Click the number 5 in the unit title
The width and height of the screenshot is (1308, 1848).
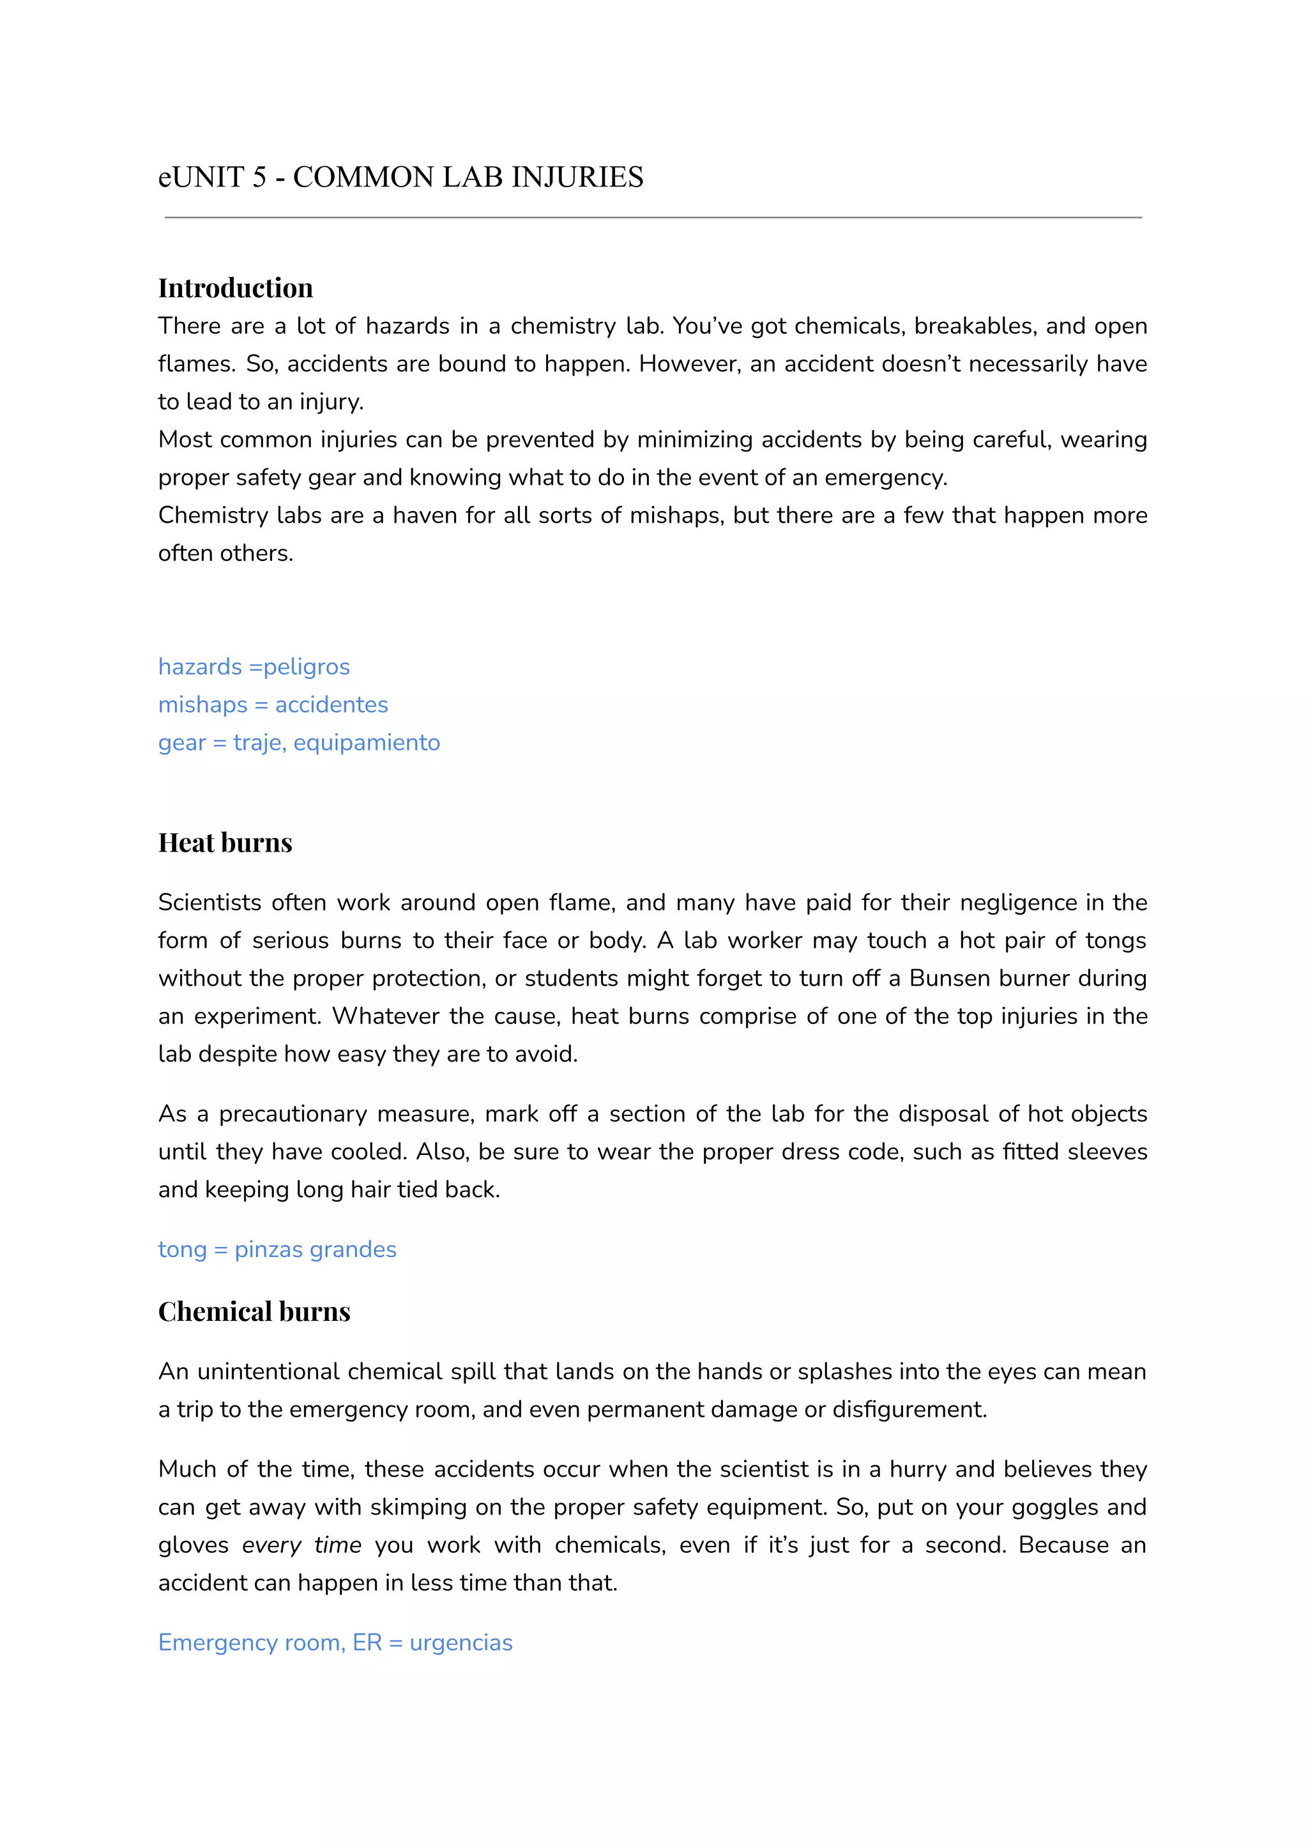coord(259,177)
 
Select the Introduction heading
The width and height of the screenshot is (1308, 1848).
coord(235,287)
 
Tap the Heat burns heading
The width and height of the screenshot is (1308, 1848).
coord(225,843)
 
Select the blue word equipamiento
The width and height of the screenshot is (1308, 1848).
coord(367,743)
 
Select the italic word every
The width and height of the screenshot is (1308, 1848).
coord(271,1545)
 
